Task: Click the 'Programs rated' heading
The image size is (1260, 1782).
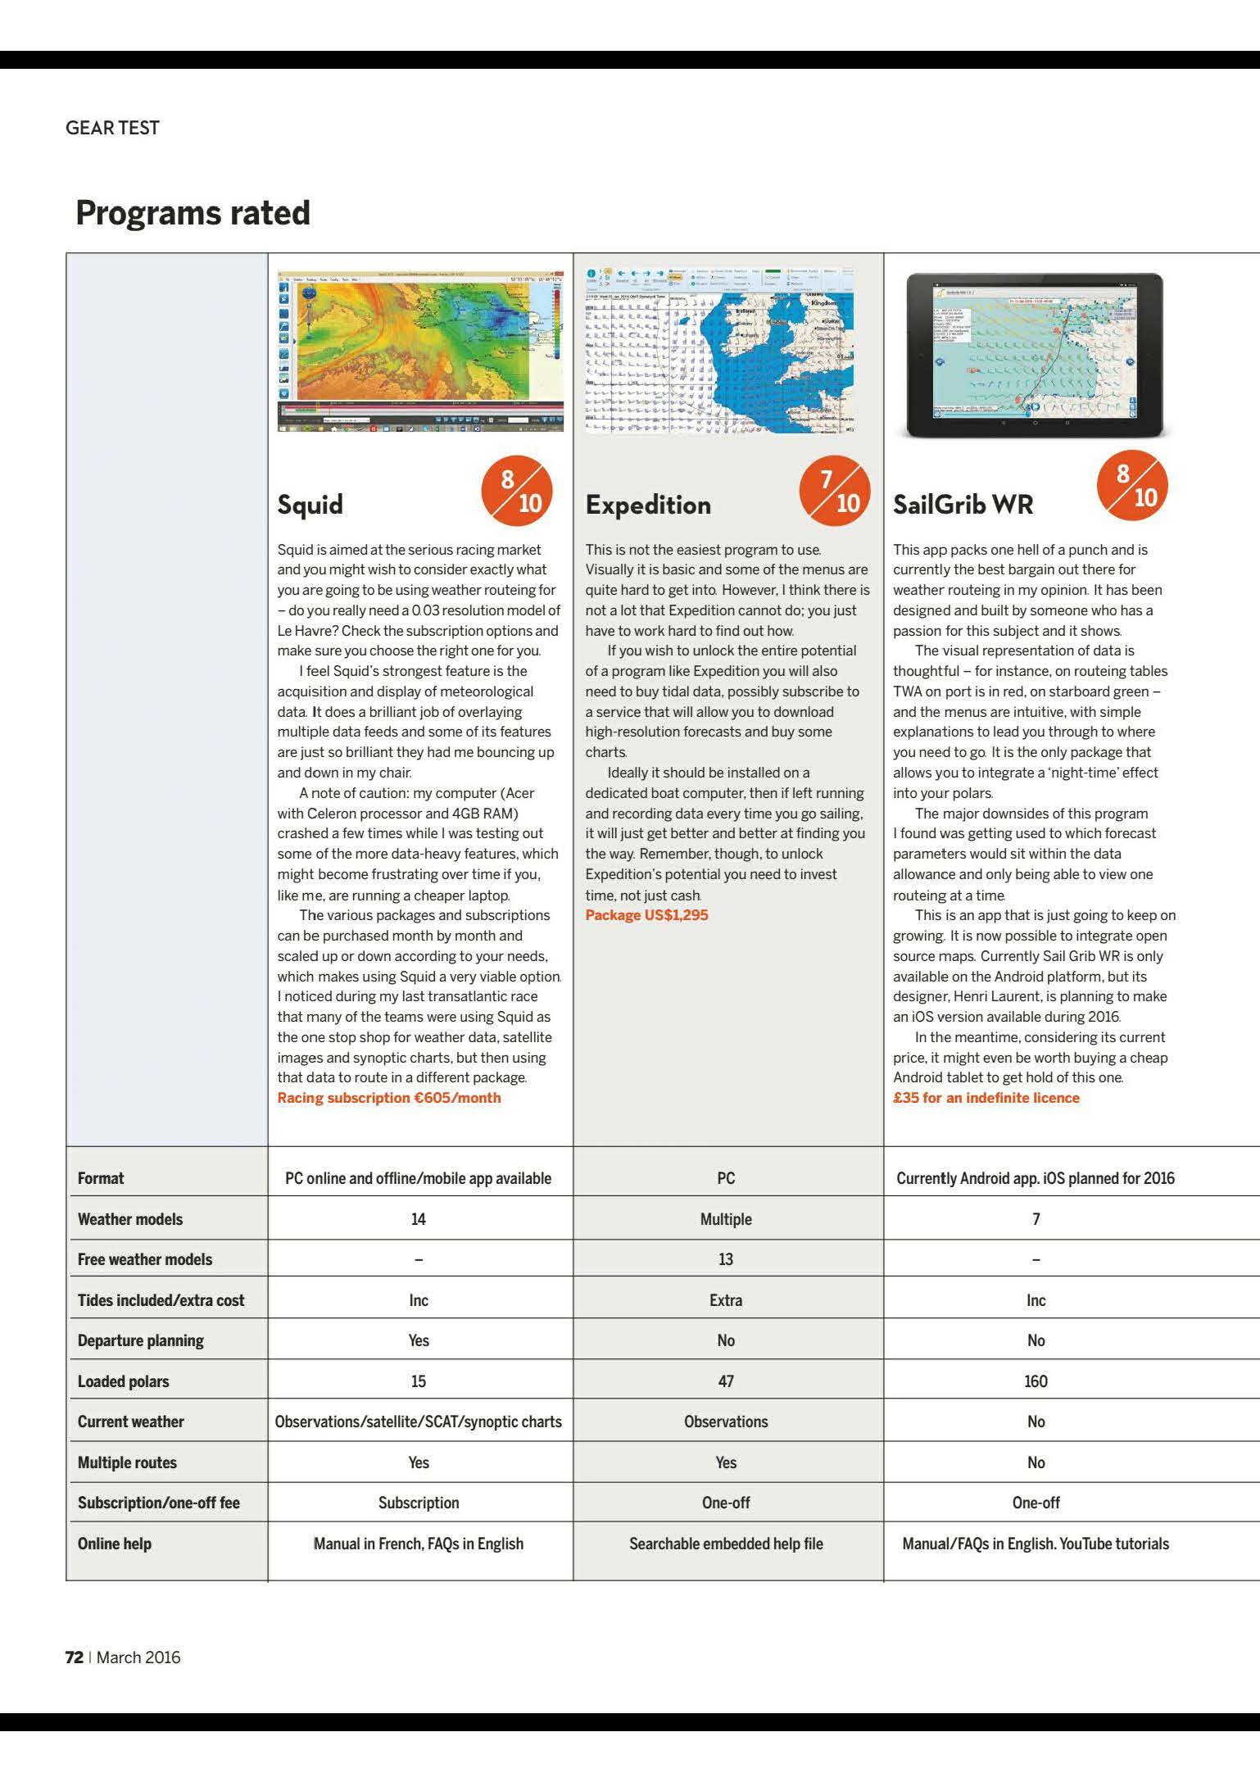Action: [193, 213]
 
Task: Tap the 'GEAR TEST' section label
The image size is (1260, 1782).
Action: [112, 128]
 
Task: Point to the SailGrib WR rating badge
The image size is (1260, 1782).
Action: [1132, 486]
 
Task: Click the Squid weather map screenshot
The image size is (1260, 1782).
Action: [420, 351]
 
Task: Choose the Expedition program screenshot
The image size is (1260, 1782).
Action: [719, 350]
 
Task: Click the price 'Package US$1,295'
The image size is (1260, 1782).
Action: [646, 915]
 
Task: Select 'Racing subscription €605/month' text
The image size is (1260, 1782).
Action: [388, 1098]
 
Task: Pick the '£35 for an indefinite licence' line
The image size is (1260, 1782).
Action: [986, 1098]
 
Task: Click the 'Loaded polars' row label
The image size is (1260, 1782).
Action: [123, 1381]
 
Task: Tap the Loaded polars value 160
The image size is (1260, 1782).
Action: [1036, 1381]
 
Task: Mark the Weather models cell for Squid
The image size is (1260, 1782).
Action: [419, 1219]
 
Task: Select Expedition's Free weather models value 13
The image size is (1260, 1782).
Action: [726, 1259]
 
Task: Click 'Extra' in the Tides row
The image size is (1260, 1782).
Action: [726, 1300]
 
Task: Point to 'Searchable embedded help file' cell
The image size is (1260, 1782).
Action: [726, 1544]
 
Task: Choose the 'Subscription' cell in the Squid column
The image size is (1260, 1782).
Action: [419, 1503]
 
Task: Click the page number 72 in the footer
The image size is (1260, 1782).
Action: [74, 1657]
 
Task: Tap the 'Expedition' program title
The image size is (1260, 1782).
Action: [648, 505]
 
